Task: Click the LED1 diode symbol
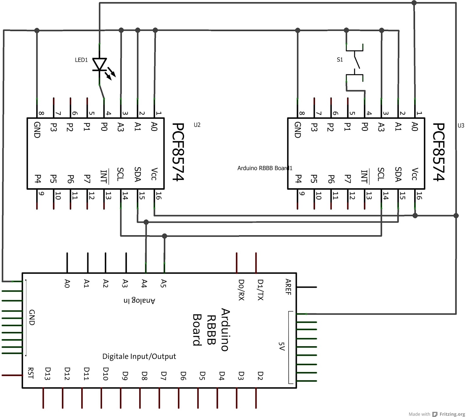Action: (x=100, y=65)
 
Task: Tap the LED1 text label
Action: (x=81, y=60)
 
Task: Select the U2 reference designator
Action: (x=197, y=125)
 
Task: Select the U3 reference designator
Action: (x=461, y=126)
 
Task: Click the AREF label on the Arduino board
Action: (x=288, y=287)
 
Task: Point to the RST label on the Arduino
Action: (x=31, y=373)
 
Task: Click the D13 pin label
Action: (x=48, y=374)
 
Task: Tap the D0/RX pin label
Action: (x=241, y=290)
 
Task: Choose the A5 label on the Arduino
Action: (x=164, y=284)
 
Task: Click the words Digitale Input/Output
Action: (x=139, y=357)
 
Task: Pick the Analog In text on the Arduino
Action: (x=140, y=300)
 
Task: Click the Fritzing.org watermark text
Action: (x=452, y=414)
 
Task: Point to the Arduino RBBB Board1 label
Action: (x=265, y=168)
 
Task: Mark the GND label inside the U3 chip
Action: (x=297, y=130)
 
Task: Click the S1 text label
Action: (x=340, y=60)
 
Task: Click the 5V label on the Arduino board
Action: (x=281, y=346)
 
